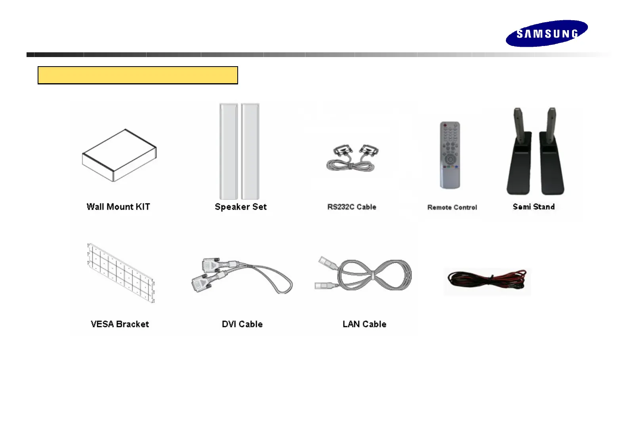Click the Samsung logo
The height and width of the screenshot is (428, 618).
[546, 33]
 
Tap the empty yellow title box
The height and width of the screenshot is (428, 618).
[137, 75]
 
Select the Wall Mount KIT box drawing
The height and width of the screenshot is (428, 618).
[119, 155]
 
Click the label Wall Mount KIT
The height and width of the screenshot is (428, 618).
[118, 207]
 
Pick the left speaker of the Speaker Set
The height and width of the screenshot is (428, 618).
[229, 151]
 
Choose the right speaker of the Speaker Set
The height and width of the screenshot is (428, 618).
[250, 151]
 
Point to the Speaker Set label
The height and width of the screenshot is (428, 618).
[240, 207]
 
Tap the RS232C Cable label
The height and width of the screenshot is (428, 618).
[351, 207]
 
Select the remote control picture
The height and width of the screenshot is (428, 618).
[450, 155]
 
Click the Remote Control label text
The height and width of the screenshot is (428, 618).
[452, 207]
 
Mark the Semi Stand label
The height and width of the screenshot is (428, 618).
[534, 207]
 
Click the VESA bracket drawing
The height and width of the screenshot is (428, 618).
[121, 273]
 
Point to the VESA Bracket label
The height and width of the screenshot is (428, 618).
[120, 324]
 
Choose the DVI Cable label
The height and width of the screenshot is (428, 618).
[242, 324]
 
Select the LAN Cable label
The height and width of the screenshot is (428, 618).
[364, 324]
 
